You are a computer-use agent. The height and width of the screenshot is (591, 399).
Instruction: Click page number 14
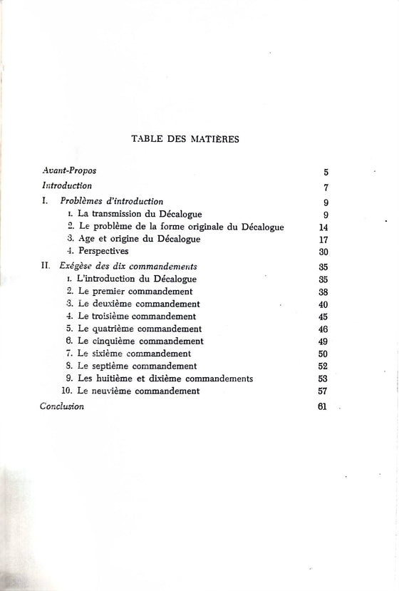324,227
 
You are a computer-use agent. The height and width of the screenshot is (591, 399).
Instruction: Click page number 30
323,252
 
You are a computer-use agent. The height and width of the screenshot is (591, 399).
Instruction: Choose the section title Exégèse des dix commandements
118,265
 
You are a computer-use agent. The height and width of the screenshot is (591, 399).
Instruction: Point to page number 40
323,304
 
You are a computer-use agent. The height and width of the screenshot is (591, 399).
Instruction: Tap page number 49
323,341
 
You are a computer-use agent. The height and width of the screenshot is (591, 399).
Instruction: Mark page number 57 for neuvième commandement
323,391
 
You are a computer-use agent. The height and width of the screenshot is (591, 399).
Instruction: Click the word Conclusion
62,406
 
